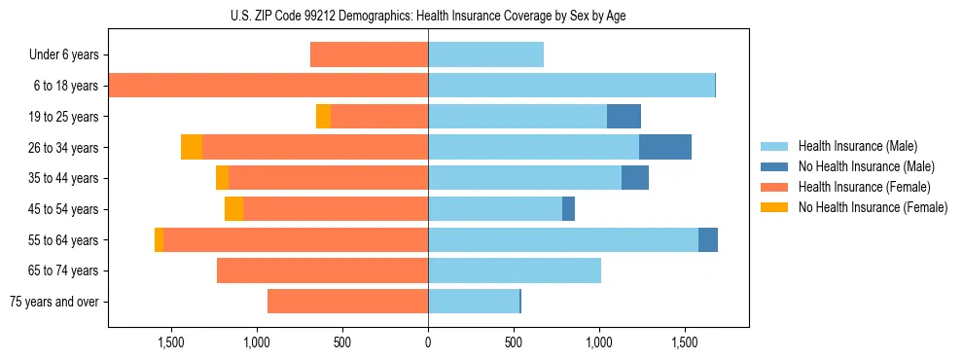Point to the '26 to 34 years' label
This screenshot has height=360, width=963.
[x=62, y=148]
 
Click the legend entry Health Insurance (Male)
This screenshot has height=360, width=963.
[x=857, y=146]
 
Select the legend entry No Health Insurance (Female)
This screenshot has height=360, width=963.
[x=873, y=207]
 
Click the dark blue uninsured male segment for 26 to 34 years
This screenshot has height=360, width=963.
[x=664, y=147]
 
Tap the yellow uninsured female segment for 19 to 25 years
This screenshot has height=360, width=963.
[x=323, y=117]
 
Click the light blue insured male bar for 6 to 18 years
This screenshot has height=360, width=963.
[x=571, y=86]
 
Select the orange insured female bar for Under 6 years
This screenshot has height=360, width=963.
[x=369, y=55]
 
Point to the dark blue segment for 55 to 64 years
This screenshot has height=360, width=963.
[x=707, y=239]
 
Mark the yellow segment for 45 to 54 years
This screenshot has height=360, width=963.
[x=233, y=209]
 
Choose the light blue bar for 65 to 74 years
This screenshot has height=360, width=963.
[x=514, y=270]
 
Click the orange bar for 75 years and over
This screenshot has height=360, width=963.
[x=347, y=302]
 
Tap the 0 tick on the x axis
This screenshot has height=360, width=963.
[x=428, y=342]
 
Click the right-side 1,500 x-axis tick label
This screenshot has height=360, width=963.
[x=685, y=342]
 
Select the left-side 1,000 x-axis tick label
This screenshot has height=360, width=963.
[x=256, y=342]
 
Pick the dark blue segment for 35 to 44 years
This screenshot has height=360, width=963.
[x=634, y=178]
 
